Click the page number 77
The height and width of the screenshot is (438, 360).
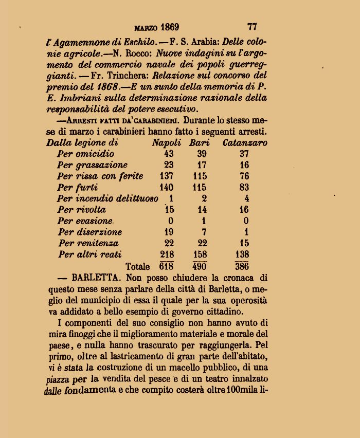[251, 26]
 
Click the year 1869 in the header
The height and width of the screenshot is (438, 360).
[169, 27]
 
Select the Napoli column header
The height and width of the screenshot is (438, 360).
[166, 143]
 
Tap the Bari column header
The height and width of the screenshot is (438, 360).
[199, 143]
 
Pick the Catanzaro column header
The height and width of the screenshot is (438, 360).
[244, 143]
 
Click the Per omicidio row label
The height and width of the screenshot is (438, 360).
[86, 154]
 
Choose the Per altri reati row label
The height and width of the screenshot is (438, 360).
[90, 254]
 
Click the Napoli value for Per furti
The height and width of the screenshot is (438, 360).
[166, 188]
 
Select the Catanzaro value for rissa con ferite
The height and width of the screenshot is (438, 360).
[244, 176]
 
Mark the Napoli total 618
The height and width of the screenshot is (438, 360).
[166, 266]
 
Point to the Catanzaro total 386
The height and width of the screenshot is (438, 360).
[242, 266]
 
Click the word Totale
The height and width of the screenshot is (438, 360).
[138, 267]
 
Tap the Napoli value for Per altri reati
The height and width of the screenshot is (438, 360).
[166, 254]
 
